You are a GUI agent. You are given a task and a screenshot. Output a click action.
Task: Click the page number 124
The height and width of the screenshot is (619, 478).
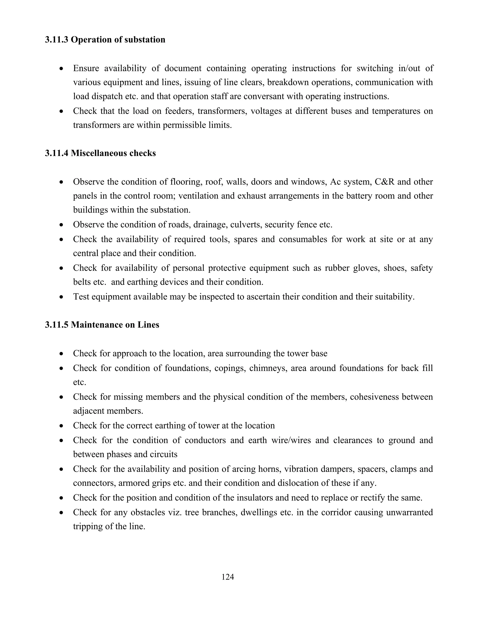point(228,577)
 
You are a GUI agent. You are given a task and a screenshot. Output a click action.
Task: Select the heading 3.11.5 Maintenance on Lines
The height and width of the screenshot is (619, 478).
point(102,324)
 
